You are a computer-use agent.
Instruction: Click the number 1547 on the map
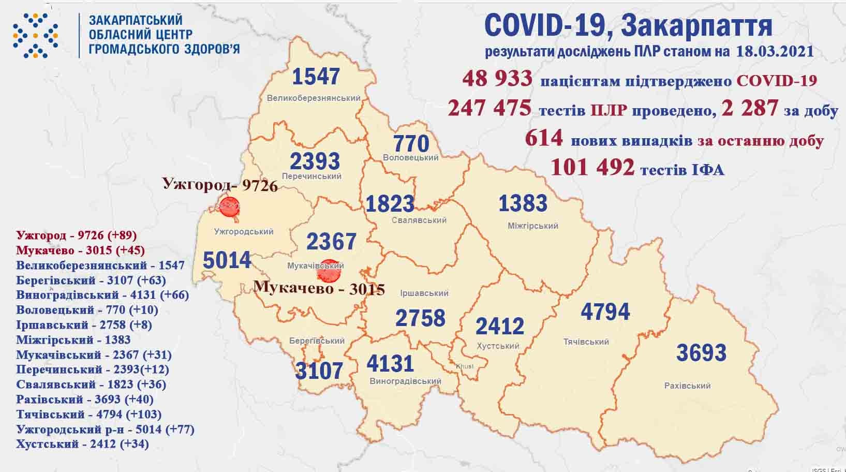tap(316, 77)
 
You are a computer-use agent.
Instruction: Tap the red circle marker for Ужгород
tap(229, 206)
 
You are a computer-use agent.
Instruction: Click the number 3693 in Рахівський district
tap(701, 353)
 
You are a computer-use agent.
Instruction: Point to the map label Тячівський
tap(586, 342)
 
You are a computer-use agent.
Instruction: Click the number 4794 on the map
tap(605, 312)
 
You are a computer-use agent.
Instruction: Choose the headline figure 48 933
tap(498, 79)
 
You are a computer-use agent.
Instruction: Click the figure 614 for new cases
tap(543, 138)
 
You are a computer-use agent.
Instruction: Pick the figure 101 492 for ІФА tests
tap(592, 167)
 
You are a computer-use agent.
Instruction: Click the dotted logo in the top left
tap(35, 35)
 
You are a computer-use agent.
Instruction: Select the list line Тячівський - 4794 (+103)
tap(88, 415)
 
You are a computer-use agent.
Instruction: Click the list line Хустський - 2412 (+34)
tap(82, 444)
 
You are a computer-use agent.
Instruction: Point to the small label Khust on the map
tap(464, 366)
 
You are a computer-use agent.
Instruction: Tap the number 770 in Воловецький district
tap(411, 143)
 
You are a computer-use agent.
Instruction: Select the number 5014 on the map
tap(227, 260)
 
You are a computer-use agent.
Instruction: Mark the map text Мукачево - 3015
tap(319, 288)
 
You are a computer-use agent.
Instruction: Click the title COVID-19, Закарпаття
tap(628, 25)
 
